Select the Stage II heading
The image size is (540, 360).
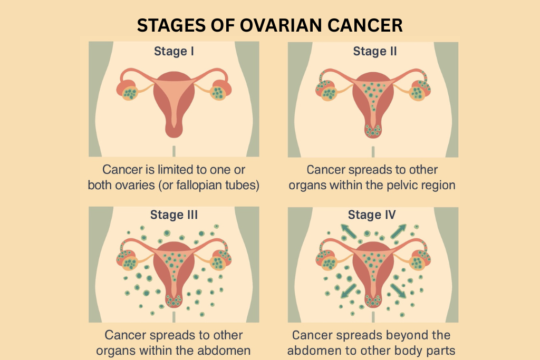(375, 52)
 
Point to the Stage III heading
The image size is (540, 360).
(174, 215)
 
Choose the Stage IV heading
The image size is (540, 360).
(372, 215)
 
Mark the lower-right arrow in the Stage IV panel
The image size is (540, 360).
(399, 290)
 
